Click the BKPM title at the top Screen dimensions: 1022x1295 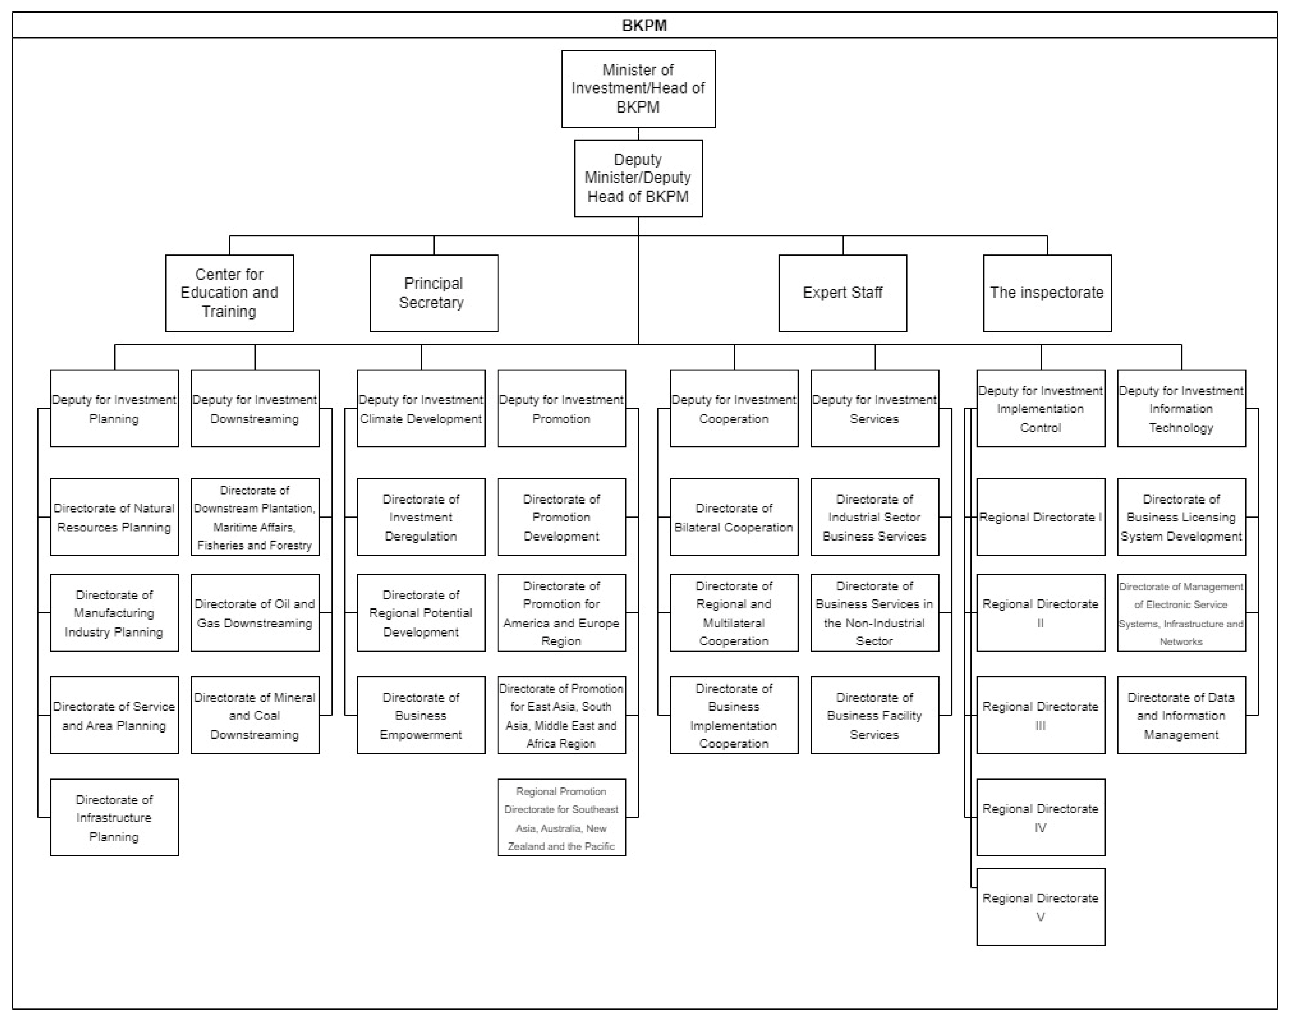pyautogui.click(x=645, y=25)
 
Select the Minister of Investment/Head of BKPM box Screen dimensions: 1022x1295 pyautogui.click(x=638, y=88)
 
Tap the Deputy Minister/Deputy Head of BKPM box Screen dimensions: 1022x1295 pyautogui.click(x=638, y=178)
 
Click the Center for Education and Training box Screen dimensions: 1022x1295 pyautogui.click(x=229, y=293)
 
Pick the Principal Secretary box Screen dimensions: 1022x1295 pyautogui.click(x=433, y=293)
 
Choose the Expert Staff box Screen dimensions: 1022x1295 pyautogui.click(x=843, y=293)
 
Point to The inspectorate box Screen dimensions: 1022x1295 pyautogui.click(x=1047, y=293)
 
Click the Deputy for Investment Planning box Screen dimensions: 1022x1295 pyautogui.click(x=114, y=408)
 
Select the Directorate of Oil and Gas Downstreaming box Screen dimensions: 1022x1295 pyautogui.click(x=255, y=613)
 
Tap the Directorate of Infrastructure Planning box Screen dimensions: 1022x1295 pyautogui.click(x=114, y=817)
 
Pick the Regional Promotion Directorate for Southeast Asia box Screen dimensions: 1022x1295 pyautogui.click(x=561, y=817)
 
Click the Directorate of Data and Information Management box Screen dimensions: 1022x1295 pyautogui.click(x=1181, y=715)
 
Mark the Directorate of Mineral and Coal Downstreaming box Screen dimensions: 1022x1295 pyautogui.click(x=255, y=715)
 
